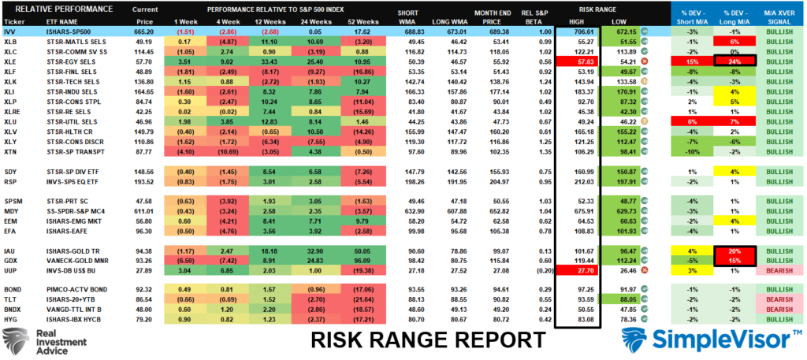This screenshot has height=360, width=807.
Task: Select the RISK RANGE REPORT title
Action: (428, 340)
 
